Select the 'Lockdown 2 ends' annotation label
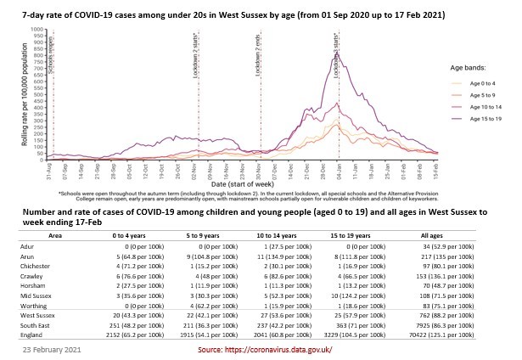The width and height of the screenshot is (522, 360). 258,60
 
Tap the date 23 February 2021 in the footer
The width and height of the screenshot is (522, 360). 52,348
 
